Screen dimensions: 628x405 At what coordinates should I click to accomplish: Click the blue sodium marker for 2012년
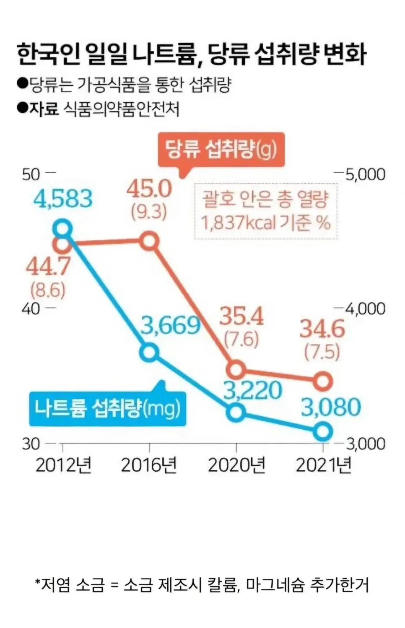tap(62, 229)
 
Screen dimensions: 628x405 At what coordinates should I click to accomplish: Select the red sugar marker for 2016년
tap(150, 241)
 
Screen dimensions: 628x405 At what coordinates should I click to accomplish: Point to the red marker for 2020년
tap(236, 369)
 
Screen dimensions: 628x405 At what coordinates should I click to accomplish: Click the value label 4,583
tap(63, 199)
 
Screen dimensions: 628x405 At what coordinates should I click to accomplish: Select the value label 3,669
tap(170, 325)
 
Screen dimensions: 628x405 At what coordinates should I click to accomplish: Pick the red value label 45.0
tap(149, 189)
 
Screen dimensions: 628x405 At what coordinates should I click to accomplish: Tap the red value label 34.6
tap(322, 329)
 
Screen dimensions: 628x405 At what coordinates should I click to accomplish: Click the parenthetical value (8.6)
tap(48, 289)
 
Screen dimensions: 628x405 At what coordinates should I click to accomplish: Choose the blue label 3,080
tap(331, 407)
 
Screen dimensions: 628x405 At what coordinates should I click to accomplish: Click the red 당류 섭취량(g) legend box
tap(221, 149)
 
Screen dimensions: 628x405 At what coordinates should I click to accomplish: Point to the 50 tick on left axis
tap(31, 174)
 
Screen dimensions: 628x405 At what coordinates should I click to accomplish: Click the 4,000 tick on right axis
tap(365, 309)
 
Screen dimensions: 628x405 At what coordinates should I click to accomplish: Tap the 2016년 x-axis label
tap(149, 465)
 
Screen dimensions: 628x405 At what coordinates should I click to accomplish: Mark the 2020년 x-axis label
tap(237, 465)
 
